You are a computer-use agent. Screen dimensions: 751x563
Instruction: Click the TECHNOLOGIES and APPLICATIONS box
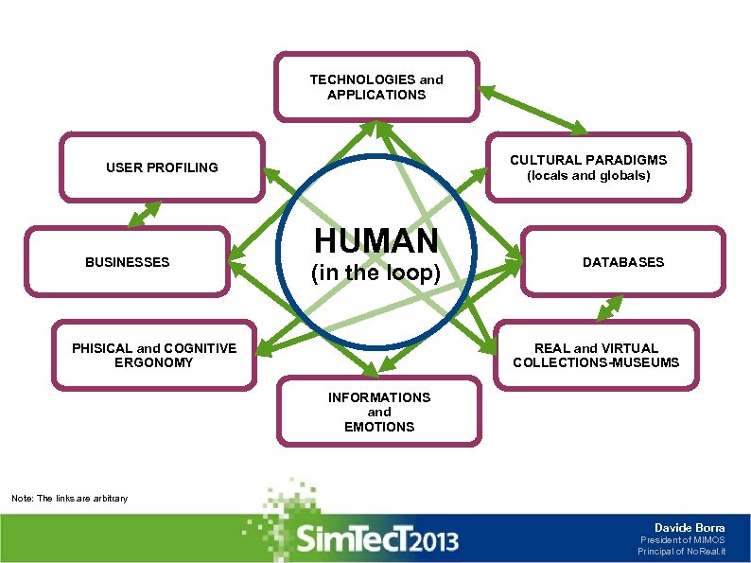[x=376, y=87]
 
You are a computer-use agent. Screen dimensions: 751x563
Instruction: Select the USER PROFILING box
[x=162, y=167]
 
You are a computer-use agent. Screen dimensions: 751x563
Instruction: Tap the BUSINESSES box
[x=128, y=262]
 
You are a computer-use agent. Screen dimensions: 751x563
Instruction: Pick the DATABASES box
[x=622, y=262]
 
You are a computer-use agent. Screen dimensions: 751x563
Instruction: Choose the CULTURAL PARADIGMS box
[x=588, y=167]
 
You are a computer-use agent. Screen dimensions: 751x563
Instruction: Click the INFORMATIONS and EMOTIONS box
[x=378, y=412]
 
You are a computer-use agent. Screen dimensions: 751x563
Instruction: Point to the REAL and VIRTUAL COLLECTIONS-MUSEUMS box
[x=596, y=355]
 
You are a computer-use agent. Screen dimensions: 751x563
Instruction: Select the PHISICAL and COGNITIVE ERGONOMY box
[x=154, y=355]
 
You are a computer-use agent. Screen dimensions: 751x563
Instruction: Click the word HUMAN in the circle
[x=376, y=241]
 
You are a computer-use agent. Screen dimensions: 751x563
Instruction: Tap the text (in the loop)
[x=376, y=274]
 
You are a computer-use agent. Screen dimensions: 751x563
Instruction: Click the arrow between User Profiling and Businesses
[x=144, y=214]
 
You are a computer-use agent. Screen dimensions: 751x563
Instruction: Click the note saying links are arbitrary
[x=68, y=499]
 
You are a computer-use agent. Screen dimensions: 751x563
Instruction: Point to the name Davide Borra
[x=690, y=527]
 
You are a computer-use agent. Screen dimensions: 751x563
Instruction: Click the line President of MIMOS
[x=682, y=540]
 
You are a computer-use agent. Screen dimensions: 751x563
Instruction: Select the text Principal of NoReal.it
[x=681, y=552]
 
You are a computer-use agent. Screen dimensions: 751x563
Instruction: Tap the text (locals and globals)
[x=588, y=176]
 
